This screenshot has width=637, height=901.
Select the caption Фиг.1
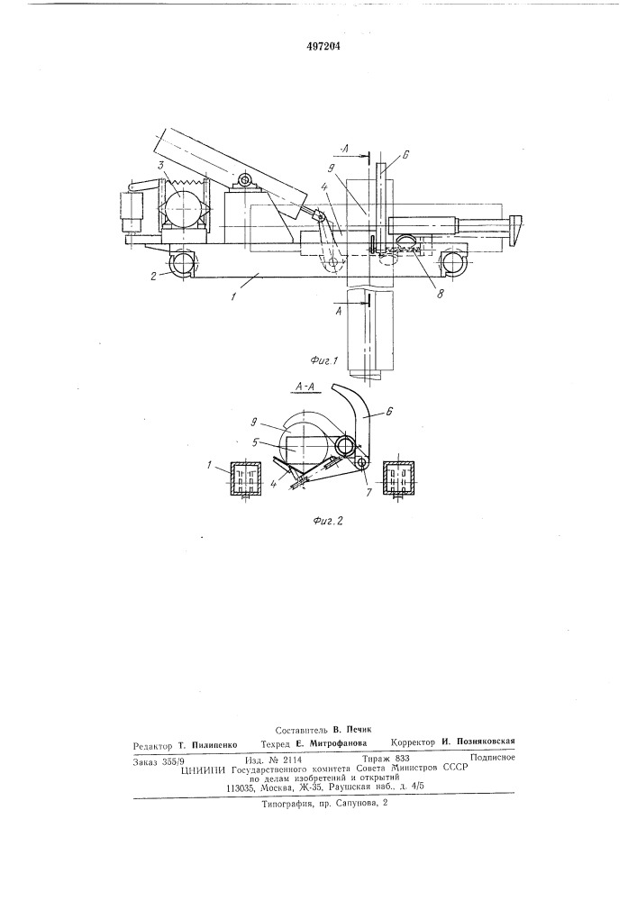click(324, 362)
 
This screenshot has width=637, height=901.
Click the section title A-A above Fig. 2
click(304, 389)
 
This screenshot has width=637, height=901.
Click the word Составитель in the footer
click(302, 730)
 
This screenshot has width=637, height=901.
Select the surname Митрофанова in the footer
click(338, 743)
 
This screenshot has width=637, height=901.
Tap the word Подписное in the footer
click(492, 758)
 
